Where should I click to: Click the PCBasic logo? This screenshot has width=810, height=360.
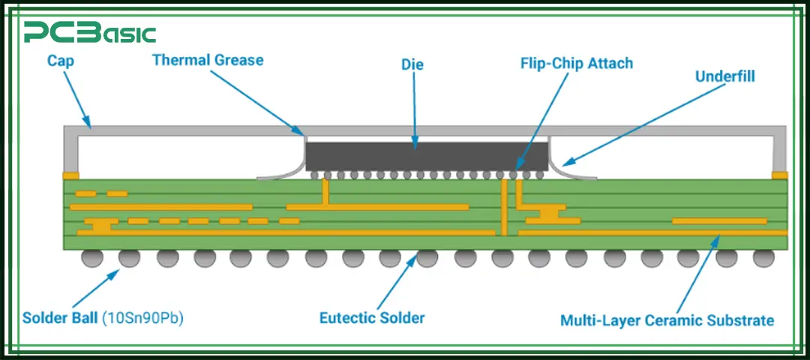pyautogui.click(x=89, y=32)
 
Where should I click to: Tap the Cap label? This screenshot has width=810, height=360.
pyautogui.click(x=61, y=60)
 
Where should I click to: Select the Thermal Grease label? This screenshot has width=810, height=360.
pyautogui.click(x=208, y=59)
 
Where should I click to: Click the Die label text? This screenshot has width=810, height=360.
pyautogui.click(x=412, y=64)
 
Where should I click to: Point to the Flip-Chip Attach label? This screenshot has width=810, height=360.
pyautogui.click(x=577, y=63)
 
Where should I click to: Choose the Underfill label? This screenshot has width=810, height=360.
pyautogui.click(x=724, y=76)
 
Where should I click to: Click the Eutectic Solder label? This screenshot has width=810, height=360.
pyautogui.click(x=372, y=318)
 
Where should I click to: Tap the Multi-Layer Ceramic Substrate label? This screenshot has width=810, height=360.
pyautogui.click(x=667, y=321)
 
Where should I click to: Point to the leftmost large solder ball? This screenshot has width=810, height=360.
pyautogui.click(x=92, y=258)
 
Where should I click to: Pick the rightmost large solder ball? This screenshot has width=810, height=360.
pyautogui.click(x=763, y=258)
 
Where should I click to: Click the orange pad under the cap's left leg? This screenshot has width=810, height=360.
pyautogui.click(x=70, y=175)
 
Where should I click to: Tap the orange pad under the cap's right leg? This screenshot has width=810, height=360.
pyautogui.click(x=780, y=175)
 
